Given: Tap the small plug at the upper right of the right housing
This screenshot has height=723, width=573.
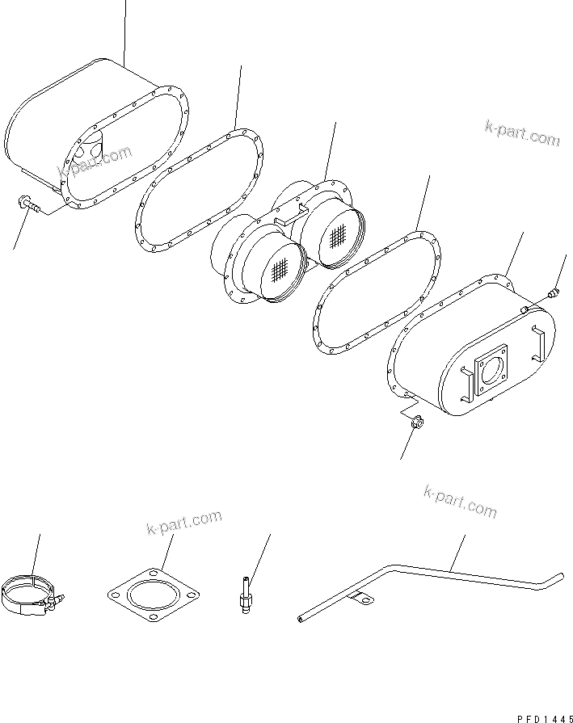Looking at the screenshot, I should coord(552,294).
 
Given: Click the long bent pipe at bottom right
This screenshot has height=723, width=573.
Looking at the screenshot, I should coord(453,576).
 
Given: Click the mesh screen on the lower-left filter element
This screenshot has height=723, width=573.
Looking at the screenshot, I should coord(280,270).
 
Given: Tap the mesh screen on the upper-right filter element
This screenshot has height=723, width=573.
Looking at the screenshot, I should coord(338,234).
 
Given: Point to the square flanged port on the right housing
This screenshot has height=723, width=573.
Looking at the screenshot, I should coord(491,372).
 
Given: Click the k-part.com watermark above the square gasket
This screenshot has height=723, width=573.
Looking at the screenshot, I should coord(183,523).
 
